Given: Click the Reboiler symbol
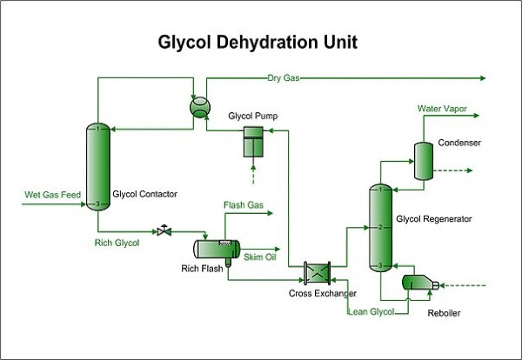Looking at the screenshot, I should (x=418, y=283).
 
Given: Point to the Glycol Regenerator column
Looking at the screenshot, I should (x=379, y=228).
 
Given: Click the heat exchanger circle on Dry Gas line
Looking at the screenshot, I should (x=199, y=104).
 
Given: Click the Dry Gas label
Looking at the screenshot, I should (x=283, y=78).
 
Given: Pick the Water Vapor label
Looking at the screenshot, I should (x=442, y=109).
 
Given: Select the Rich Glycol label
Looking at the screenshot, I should (x=117, y=243).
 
